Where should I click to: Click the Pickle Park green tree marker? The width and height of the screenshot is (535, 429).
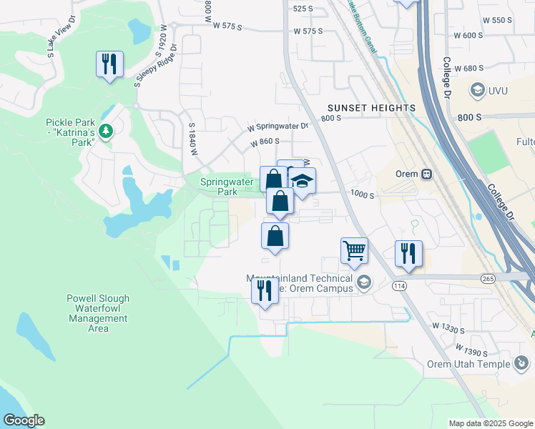[x=106, y=130]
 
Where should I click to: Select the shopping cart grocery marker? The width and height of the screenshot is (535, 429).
[x=354, y=251]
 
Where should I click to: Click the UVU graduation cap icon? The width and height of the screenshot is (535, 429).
[x=476, y=90]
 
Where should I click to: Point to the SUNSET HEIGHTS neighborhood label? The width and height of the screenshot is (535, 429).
[x=372, y=108]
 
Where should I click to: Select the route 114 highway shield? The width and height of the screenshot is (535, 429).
[x=399, y=286]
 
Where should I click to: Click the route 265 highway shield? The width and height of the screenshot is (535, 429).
[x=489, y=278]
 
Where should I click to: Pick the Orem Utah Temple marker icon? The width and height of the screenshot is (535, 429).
[x=522, y=364]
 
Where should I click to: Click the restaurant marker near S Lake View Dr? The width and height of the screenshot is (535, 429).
[x=109, y=65]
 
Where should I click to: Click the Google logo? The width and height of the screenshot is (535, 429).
[x=24, y=420]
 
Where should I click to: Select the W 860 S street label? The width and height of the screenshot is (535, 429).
[x=265, y=142]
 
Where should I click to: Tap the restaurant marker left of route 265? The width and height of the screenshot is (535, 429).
[x=408, y=253]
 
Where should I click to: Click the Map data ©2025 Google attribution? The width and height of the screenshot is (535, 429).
[x=491, y=423]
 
